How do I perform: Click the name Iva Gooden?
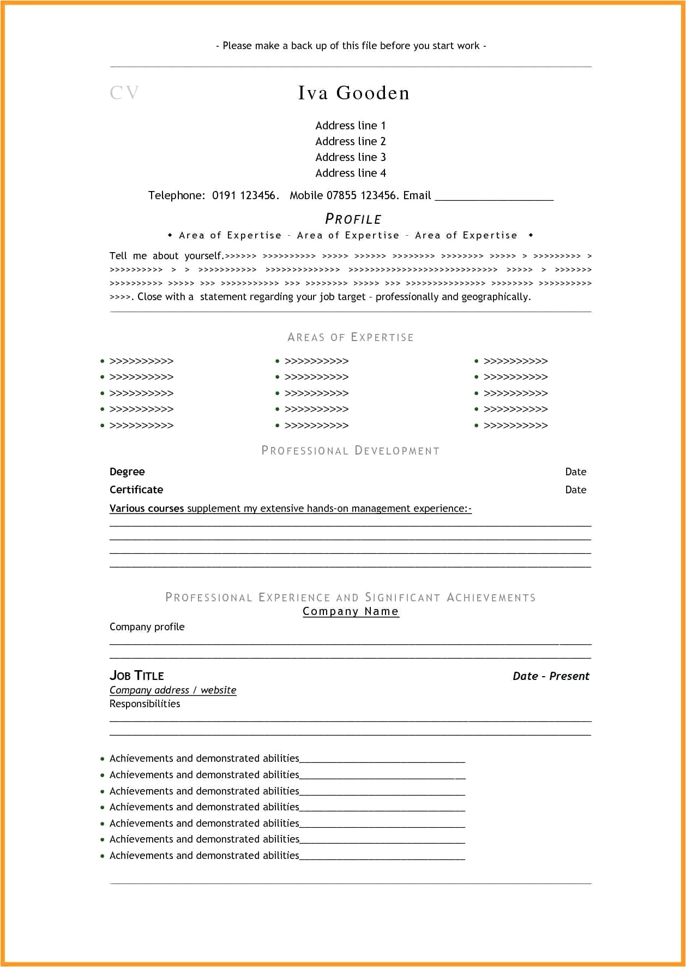353,93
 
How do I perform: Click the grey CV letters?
124,93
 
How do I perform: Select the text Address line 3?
350,157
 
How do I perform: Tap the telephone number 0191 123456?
245,195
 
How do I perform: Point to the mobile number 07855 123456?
361,195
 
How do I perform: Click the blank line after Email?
494,196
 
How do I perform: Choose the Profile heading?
353,219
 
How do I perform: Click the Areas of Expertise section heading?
350,337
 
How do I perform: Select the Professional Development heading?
350,451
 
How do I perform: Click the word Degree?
127,471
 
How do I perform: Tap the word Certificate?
136,490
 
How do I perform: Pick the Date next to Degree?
575,471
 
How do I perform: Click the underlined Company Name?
351,611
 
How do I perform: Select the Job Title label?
136,676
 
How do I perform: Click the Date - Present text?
551,676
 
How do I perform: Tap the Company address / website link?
173,690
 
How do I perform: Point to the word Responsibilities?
145,703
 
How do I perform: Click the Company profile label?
147,626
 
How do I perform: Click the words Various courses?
147,508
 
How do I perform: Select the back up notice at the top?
351,46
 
